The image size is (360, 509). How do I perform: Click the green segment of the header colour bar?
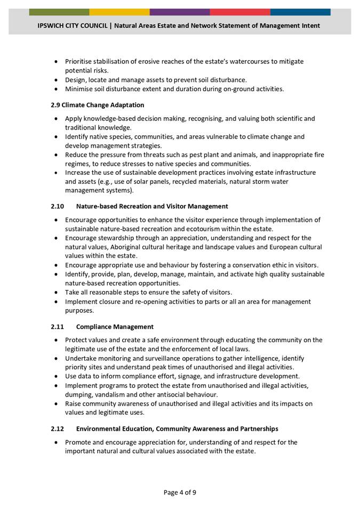pos(59,12)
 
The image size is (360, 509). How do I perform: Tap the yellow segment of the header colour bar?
pos(119,12)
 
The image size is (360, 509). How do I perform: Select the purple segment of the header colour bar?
pos(180,12)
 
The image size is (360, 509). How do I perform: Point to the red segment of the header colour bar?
pos(240,12)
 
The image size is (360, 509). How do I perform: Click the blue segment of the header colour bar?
pos(300,12)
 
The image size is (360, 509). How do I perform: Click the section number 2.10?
pos(58,206)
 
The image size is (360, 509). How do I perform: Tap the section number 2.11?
pos(58,327)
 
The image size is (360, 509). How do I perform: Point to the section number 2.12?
pos(58,429)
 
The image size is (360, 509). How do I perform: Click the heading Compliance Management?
pos(115,327)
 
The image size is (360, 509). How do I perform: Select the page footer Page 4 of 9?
pos(180,492)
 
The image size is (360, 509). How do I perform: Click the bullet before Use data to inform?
pos(57,376)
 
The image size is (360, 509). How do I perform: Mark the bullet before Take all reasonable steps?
pos(57,293)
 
